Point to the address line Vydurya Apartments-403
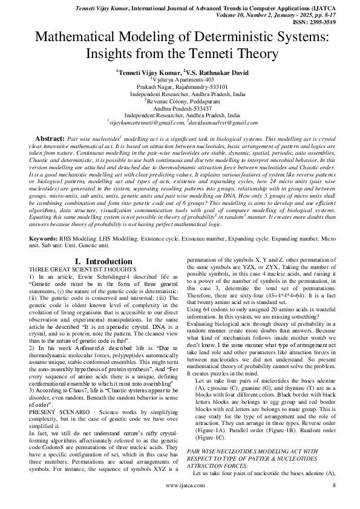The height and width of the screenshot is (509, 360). tap(181, 79)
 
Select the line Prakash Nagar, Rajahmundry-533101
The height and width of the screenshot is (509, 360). tap(180, 86)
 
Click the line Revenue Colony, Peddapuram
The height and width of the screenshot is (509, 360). tap(180, 101)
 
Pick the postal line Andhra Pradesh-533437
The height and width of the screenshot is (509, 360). tap(180, 108)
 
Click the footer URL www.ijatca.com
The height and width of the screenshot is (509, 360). tap(180, 501)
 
